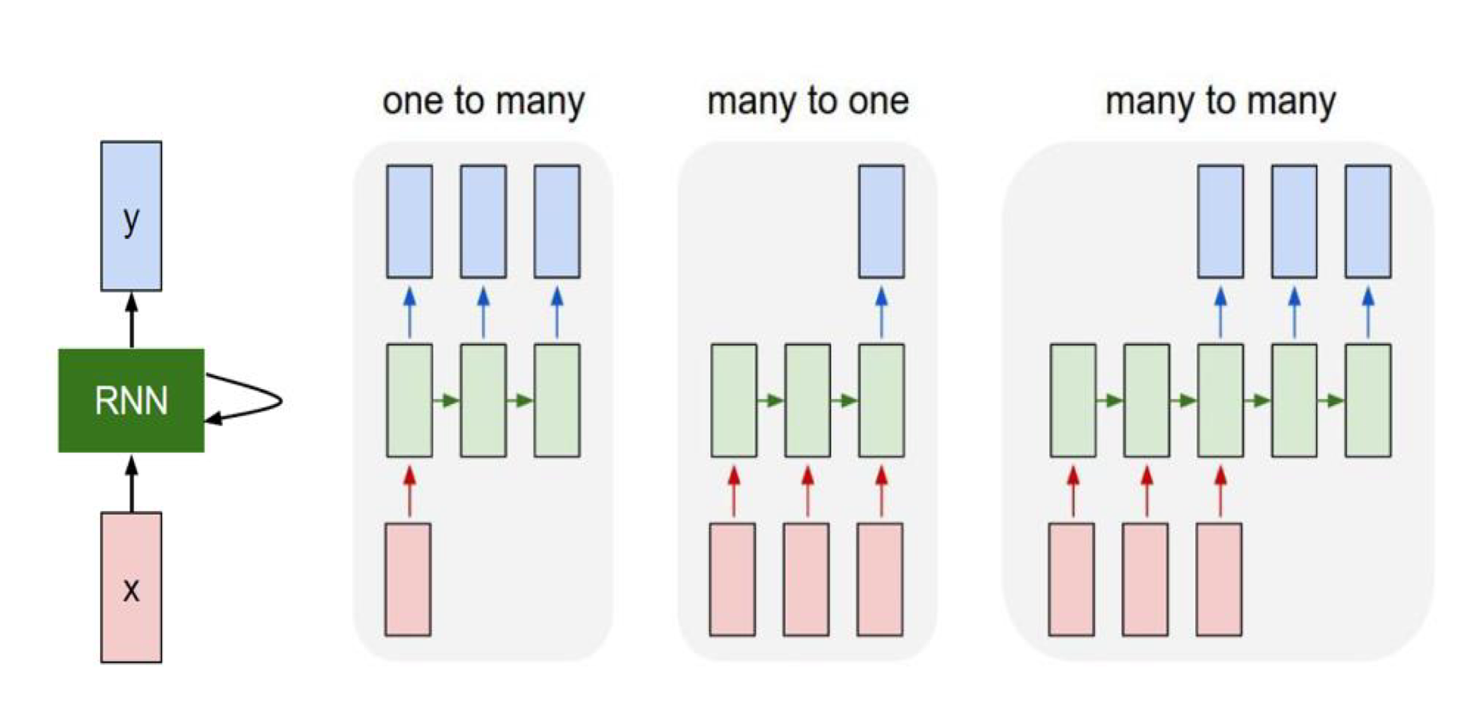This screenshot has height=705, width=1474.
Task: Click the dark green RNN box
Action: pyautogui.click(x=131, y=400)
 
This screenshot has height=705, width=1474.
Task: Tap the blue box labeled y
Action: pyautogui.click(x=131, y=216)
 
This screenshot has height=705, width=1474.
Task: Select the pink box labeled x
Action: pyautogui.click(x=131, y=587)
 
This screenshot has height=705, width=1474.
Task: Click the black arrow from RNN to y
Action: pyautogui.click(x=131, y=320)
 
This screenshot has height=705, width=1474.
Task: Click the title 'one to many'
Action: pyautogui.click(x=483, y=101)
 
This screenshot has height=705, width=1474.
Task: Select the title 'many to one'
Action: pyautogui.click(x=808, y=101)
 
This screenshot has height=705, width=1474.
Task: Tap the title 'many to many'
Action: pyautogui.click(x=1220, y=101)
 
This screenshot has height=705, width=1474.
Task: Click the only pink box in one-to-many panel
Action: pyautogui.click(x=408, y=580)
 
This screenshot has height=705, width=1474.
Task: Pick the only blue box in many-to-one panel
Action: pyautogui.click(x=881, y=221)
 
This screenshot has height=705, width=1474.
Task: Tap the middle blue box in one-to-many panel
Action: pyautogui.click(x=483, y=221)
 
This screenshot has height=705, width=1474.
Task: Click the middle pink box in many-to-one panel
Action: pyautogui.click(x=806, y=580)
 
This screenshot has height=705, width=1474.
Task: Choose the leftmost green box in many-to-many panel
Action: pyautogui.click(x=1073, y=400)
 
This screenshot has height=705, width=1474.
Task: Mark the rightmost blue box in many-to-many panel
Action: pyautogui.click(x=1368, y=221)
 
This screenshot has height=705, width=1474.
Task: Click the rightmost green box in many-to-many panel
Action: pyautogui.click(x=1368, y=400)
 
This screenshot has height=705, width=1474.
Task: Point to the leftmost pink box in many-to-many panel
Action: pyautogui.click(x=1072, y=580)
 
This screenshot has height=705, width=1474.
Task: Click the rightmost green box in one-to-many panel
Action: pyautogui.click(x=557, y=400)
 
